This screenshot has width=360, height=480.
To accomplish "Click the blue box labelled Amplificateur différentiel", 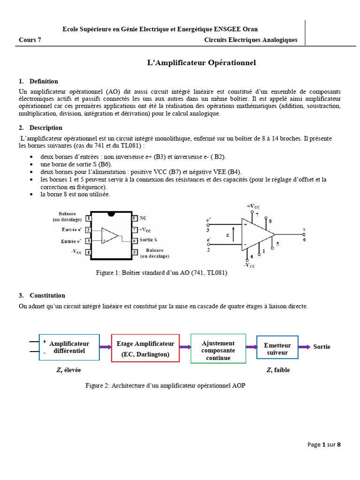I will tap(69, 347).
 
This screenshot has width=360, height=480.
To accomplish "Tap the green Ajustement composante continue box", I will tap(218, 348).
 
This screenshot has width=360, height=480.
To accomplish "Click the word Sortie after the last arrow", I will tap(322, 347).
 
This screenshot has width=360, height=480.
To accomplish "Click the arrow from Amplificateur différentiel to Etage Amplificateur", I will tap(105, 347).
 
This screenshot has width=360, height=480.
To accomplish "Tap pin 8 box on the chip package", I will tap(134, 218).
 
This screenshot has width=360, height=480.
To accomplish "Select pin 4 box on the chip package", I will tap(89, 252).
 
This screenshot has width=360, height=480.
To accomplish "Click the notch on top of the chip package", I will tap(111, 214).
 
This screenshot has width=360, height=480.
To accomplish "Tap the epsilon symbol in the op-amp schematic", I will tap(228, 236).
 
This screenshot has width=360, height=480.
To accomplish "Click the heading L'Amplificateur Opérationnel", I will tap(202, 63).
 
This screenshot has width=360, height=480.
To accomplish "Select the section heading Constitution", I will tap(47, 295).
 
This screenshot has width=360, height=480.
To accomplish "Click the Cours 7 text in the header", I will tap(30, 40).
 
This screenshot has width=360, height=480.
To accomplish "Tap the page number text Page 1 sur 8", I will tap(324, 445).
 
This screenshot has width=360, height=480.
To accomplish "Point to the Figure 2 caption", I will tap(165, 386).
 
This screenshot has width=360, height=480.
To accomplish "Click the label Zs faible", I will tap(278, 370).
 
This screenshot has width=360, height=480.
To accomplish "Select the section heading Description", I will tap(45, 127).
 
